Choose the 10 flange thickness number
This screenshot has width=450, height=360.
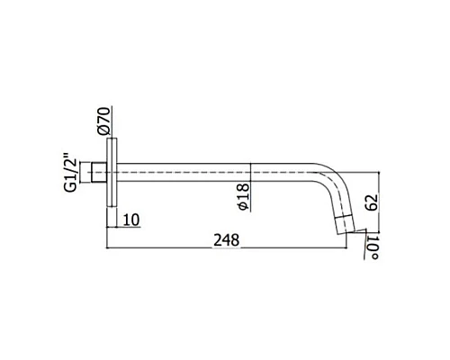click(x=129, y=220)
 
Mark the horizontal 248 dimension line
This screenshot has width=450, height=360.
click(x=180, y=247)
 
